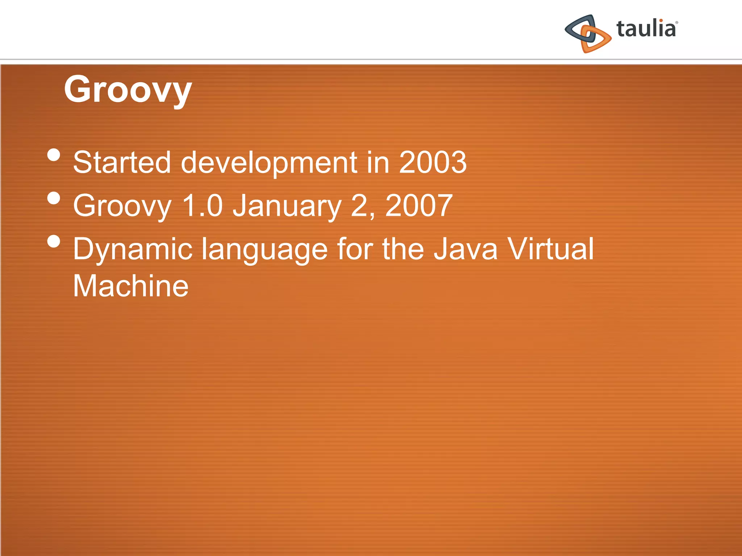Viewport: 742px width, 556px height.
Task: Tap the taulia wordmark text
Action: [x=646, y=29]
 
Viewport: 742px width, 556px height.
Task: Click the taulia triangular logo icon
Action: [x=588, y=34]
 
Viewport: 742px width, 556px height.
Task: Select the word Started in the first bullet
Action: [x=122, y=162]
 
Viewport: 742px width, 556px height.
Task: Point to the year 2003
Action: [x=433, y=162]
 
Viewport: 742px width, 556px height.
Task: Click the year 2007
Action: [x=418, y=206]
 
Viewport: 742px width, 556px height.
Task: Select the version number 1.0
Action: [x=202, y=206]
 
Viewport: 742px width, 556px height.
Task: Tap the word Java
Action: [x=466, y=249]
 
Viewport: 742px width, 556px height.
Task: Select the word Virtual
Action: [x=550, y=249]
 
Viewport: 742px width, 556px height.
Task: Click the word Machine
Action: [x=131, y=286]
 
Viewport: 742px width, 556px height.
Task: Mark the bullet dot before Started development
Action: [x=54, y=155]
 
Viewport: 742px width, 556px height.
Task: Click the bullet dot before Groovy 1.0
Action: [x=54, y=198]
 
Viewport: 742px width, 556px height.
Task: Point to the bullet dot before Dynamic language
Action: [x=54, y=241]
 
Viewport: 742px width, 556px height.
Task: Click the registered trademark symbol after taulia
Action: [x=676, y=22]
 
